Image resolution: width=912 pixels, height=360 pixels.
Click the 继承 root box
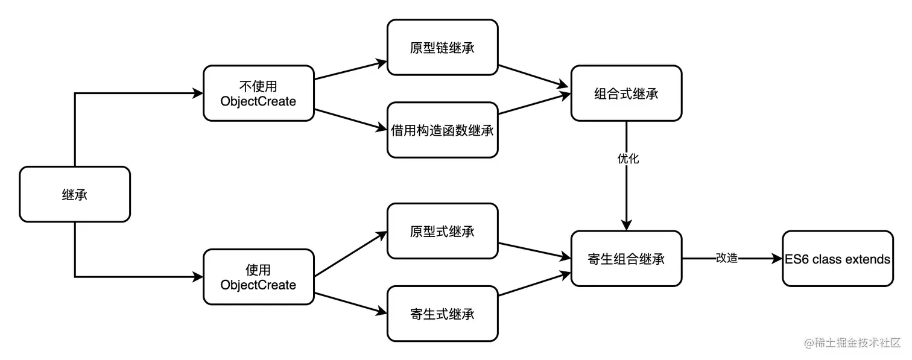tap(75, 194)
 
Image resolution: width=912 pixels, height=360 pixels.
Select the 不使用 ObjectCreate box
tap(259, 93)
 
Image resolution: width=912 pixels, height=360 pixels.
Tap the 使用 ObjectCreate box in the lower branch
tap(259, 277)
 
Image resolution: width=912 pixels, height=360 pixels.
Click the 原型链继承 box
tap(443, 48)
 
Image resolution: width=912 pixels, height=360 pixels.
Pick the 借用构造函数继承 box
tap(443, 130)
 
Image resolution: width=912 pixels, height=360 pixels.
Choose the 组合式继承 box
tap(626, 93)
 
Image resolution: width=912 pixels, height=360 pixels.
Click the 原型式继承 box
tap(443, 231)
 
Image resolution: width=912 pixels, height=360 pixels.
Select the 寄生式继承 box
tap(443, 314)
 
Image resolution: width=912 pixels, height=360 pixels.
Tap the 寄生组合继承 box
tap(626, 259)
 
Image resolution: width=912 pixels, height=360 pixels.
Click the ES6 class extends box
tap(837, 259)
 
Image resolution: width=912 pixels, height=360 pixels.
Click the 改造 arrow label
tap(726, 258)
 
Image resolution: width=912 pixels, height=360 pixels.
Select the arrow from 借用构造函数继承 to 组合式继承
tap(534, 104)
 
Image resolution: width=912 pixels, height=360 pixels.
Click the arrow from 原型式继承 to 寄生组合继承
tap(534, 251)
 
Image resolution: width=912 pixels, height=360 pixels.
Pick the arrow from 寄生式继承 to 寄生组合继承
tap(534, 285)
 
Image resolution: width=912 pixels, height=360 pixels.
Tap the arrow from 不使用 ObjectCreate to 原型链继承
tap(350, 69)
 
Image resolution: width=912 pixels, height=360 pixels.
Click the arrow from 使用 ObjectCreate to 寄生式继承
tap(350, 303)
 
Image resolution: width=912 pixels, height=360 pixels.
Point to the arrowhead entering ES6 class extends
tap(777, 259)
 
